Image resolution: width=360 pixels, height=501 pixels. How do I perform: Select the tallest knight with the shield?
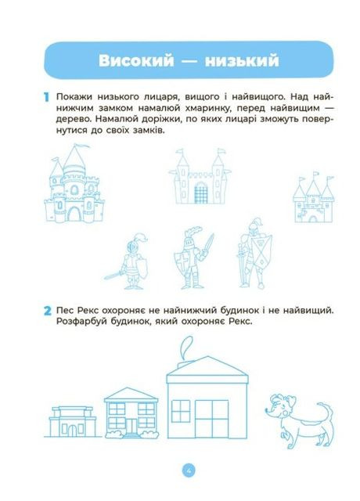point(255,252)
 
